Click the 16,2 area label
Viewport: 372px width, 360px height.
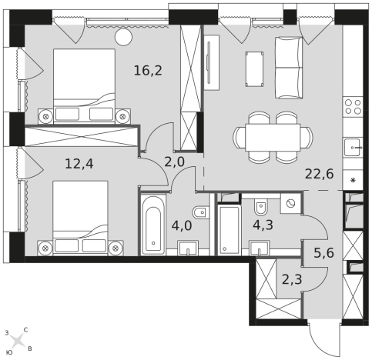tap(148, 71)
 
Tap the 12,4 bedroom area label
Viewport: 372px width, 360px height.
tap(79, 164)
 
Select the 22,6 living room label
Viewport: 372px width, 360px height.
tap(320, 174)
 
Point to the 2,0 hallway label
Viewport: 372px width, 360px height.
tap(174, 162)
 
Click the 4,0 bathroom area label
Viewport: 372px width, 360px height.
tap(182, 226)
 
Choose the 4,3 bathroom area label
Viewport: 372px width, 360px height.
tap(263, 225)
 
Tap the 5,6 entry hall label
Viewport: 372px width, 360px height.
tap(324, 253)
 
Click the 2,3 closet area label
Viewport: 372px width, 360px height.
tap(292, 279)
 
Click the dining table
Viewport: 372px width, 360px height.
tap(273, 138)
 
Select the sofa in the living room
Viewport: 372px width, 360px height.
tap(289, 68)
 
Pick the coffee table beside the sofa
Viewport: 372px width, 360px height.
tap(254, 69)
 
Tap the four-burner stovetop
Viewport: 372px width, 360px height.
tap(353, 107)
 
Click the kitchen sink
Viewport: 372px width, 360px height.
tap(354, 148)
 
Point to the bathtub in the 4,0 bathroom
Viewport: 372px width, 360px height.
tap(153, 224)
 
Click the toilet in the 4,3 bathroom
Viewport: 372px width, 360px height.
tap(261, 207)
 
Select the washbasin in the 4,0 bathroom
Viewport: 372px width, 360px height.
tap(188, 248)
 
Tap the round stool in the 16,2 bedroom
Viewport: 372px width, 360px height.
tap(123, 37)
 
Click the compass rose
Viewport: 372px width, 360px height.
tap(18, 341)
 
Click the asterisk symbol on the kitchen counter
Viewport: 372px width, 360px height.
tap(354, 180)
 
